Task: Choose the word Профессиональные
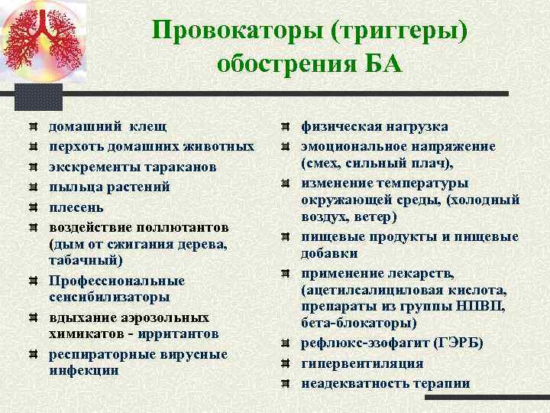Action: pos(117,280)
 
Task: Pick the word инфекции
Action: pos(83,370)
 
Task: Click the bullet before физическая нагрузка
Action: pos(284,126)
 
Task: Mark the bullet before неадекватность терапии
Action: pos(284,383)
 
